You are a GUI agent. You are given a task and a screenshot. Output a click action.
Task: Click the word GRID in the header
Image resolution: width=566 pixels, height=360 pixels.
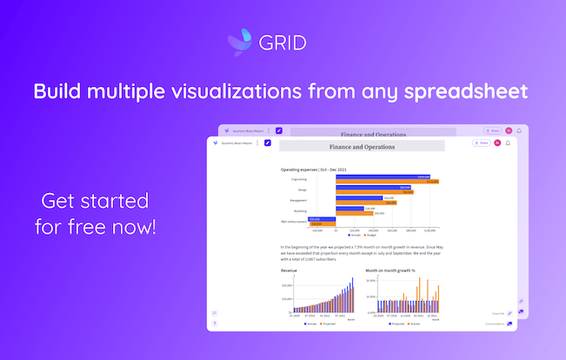(288, 41)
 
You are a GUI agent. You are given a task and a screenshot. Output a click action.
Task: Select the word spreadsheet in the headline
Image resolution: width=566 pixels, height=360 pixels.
(467, 91)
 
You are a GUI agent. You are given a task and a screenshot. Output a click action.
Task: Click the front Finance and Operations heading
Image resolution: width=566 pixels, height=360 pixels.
(362, 147)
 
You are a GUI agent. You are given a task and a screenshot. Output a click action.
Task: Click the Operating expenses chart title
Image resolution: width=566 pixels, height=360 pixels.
(310, 169)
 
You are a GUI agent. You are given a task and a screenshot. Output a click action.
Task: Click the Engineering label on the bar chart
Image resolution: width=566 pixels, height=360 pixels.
(299, 179)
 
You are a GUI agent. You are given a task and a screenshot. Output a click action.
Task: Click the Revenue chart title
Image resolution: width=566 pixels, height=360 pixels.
(289, 270)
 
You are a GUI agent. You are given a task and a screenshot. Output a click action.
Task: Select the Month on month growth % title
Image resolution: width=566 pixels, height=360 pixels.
(390, 270)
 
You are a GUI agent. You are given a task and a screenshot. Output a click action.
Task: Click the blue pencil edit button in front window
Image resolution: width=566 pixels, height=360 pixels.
(268, 143)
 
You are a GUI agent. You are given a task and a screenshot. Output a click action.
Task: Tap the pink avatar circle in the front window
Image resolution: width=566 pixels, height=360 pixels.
(497, 143)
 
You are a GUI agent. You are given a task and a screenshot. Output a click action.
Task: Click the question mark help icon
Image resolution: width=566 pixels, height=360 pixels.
(215, 323)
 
